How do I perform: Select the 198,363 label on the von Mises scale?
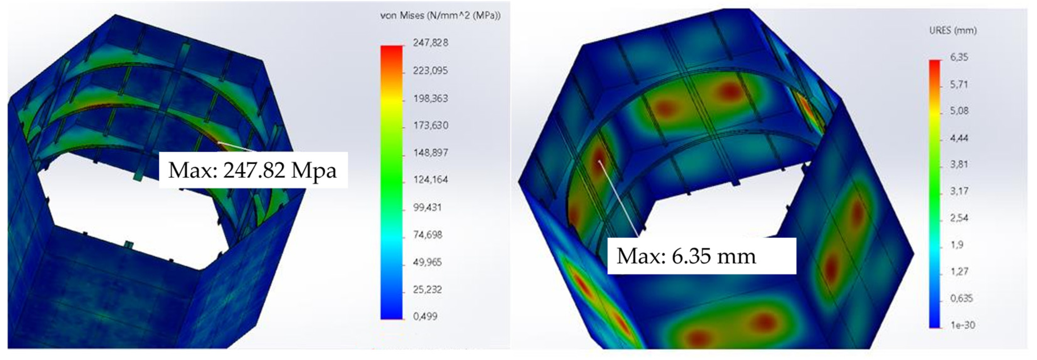(430, 98)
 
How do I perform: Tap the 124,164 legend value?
(430, 180)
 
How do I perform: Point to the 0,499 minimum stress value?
(425, 317)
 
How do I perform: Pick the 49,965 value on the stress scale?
(427, 262)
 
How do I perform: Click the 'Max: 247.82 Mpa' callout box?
(253, 170)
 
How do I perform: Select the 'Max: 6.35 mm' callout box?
(701, 256)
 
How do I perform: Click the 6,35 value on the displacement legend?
(959, 57)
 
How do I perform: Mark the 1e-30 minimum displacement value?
(962, 325)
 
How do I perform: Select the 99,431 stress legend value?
(427, 207)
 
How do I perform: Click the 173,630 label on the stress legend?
(430, 126)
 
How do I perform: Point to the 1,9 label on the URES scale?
(957, 244)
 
